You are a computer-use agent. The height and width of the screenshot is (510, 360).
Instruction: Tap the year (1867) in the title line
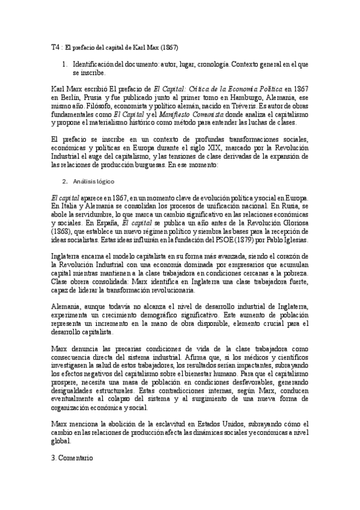coord(169,46)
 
